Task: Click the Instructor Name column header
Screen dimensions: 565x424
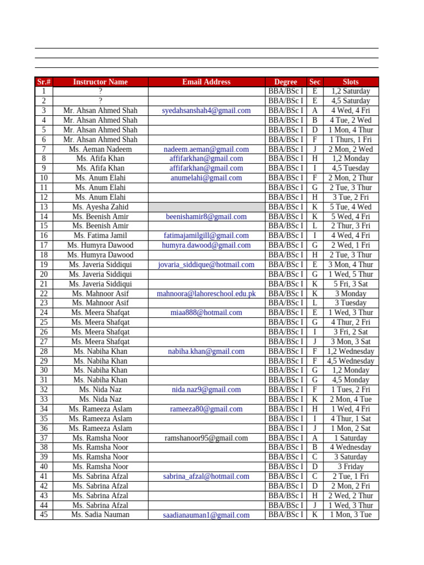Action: click(x=100, y=82)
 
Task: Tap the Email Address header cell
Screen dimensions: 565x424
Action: click(x=206, y=82)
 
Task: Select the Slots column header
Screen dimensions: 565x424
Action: click(x=351, y=82)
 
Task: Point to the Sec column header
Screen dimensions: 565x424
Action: click(x=315, y=82)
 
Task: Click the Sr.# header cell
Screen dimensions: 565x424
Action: click(x=44, y=82)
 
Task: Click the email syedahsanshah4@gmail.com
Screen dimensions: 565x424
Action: click(x=206, y=110)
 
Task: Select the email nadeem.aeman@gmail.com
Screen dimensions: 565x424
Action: click(x=206, y=149)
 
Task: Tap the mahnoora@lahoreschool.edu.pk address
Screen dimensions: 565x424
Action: click(x=206, y=294)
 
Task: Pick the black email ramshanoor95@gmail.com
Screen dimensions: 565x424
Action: click(x=206, y=438)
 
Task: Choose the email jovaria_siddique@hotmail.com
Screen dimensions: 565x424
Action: click(x=206, y=265)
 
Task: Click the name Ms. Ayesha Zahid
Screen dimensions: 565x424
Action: click(x=100, y=207)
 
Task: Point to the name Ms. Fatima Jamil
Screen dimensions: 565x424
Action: click(x=100, y=236)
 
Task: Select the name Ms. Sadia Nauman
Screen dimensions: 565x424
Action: click(x=100, y=515)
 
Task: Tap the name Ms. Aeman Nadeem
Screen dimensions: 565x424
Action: click(x=100, y=149)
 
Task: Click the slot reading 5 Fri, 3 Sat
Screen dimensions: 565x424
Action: click(x=351, y=284)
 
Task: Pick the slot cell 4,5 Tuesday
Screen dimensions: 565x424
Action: click(x=351, y=168)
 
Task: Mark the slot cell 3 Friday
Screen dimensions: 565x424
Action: click(x=351, y=467)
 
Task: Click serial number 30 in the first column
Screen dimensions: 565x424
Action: click(x=44, y=370)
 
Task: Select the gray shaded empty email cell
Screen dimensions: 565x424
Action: click(x=206, y=207)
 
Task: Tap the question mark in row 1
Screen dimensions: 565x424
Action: click(x=100, y=91)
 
